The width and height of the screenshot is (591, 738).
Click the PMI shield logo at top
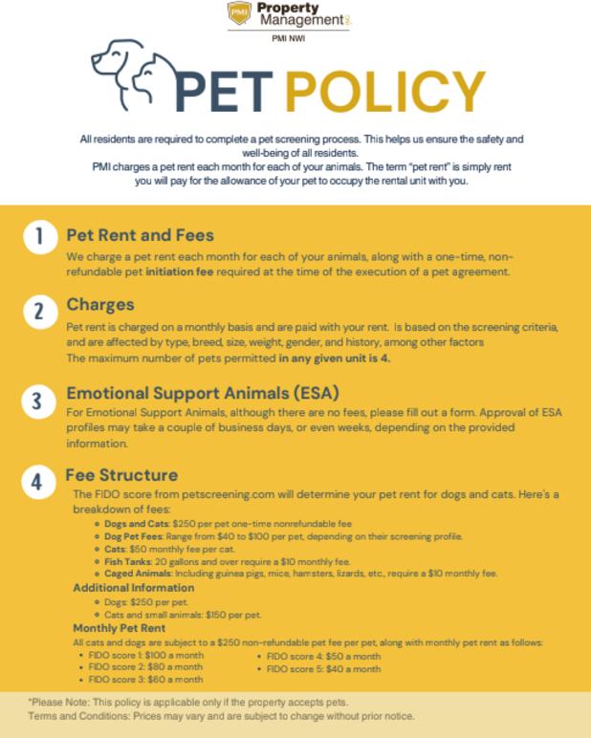click(239, 15)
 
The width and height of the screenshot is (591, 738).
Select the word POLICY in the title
click(386, 94)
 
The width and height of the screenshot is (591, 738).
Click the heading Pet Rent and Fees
click(140, 234)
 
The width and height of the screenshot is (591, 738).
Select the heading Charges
click(100, 305)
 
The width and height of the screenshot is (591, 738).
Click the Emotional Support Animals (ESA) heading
click(203, 393)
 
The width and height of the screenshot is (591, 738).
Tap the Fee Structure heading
click(123, 474)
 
